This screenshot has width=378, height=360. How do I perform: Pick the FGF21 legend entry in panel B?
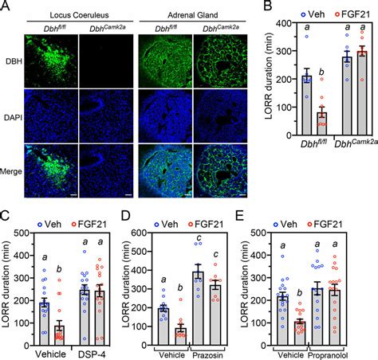352,13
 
